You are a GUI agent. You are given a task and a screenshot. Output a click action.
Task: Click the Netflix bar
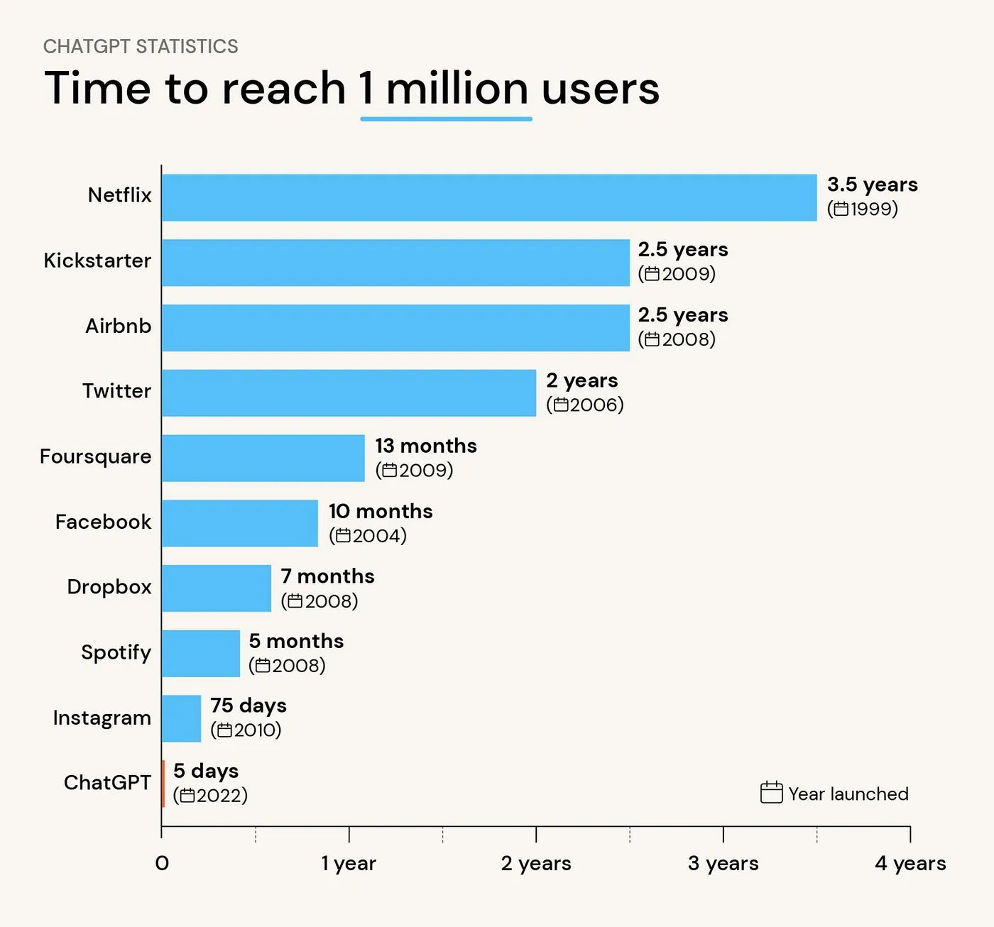click(489, 197)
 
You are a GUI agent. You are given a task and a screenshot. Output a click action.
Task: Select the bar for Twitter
click(349, 393)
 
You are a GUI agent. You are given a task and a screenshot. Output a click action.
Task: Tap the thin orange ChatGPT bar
click(163, 784)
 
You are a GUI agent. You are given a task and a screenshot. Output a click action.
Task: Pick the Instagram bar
click(182, 718)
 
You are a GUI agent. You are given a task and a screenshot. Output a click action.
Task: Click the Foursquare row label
click(96, 456)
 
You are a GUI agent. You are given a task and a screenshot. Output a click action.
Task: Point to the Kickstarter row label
click(97, 260)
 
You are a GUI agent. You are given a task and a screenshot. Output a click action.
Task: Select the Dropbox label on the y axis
click(109, 587)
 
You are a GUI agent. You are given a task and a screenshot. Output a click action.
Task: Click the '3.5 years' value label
click(872, 185)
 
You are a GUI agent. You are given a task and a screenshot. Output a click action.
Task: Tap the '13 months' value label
click(426, 446)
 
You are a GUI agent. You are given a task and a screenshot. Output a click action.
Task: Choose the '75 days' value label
click(248, 706)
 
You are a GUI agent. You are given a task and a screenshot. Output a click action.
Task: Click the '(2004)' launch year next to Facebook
click(368, 536)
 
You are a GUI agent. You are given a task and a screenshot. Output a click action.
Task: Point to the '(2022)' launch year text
click(211, 796)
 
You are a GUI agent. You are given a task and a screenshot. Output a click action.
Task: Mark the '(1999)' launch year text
click(863, 209)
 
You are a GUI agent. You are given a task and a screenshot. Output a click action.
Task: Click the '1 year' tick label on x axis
click(349, 863)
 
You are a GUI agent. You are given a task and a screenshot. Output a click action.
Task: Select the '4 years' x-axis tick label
click(910, 863)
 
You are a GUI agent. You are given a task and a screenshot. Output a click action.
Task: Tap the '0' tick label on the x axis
click(162, 863)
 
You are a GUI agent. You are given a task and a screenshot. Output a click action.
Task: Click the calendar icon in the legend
click(771, 792)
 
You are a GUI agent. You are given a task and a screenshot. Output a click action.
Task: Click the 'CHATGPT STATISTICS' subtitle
click(141, 47)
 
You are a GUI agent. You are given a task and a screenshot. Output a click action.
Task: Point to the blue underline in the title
click(446, 119)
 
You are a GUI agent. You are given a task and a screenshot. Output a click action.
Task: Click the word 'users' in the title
click(601, 89)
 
